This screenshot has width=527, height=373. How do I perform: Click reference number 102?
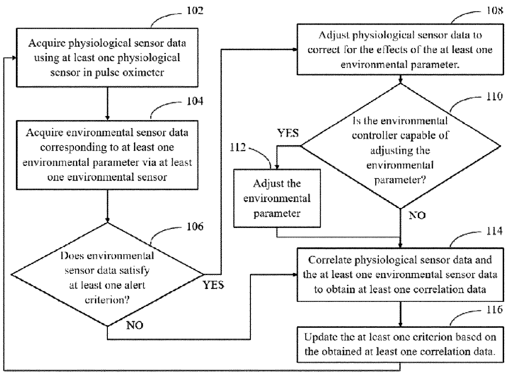pos(195,11)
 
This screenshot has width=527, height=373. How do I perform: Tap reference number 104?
pos(195,101)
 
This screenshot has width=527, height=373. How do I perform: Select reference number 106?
pos(195,226)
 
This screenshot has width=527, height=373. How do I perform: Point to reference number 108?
pos(495,11)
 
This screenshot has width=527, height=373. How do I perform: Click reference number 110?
pos(495,96)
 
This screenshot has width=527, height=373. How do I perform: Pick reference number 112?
pos(237,148)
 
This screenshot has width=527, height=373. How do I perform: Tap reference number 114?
pos(495,231)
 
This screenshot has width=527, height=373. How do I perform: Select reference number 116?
pos(495,309)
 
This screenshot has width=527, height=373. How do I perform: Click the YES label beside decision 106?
pos(213,285)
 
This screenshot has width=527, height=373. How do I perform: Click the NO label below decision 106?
pos(135,325)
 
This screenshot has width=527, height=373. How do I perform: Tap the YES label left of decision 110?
pos(288,133)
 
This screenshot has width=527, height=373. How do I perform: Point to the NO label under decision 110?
pos(417,216)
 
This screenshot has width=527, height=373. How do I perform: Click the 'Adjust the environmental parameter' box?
pos(277,198)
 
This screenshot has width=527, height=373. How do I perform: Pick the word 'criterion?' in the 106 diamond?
pos(107,300)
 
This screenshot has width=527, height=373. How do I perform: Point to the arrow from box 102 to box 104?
pos(108,104)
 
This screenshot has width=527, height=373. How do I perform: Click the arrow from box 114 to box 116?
pos(400,314)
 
